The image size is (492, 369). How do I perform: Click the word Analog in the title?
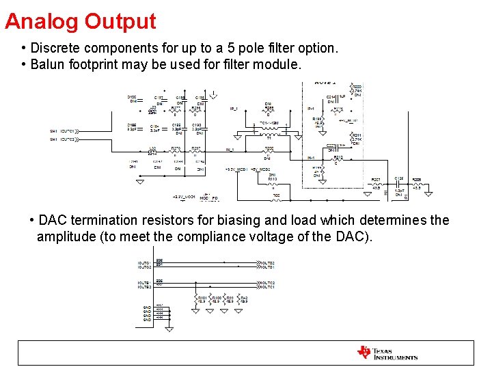click(42, 22)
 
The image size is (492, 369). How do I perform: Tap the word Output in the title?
click(120, 22)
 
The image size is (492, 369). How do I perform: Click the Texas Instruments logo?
click(387, 353)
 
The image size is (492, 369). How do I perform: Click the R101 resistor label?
click(202, 298)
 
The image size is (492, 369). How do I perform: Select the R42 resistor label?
click(244, 298)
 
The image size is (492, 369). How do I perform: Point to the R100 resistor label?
click(217, 298)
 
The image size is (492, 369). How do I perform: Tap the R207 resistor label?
click(376, 180)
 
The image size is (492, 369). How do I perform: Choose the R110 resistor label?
click(272, 179)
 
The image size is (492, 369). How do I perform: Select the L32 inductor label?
click(152, 148)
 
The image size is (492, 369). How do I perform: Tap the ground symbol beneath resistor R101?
click(197, 312)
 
